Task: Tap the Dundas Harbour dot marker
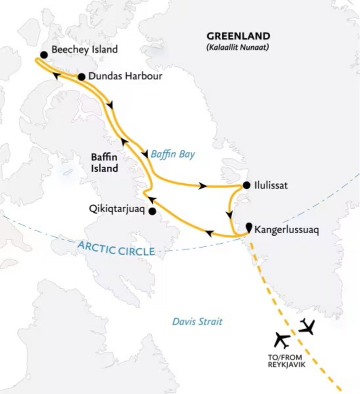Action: coord(80,77)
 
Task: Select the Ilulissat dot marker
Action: coord(246,185)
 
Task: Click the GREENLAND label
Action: coord(238,36)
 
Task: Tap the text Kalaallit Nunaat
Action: coord(238,47)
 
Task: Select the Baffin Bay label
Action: coord(172,155)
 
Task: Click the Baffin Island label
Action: coord(104,163)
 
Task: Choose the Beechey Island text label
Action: coord(84,49)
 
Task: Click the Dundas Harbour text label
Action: coord(119,77)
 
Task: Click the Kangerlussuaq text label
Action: coord(286,230)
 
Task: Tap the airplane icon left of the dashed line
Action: coord(282,341)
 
